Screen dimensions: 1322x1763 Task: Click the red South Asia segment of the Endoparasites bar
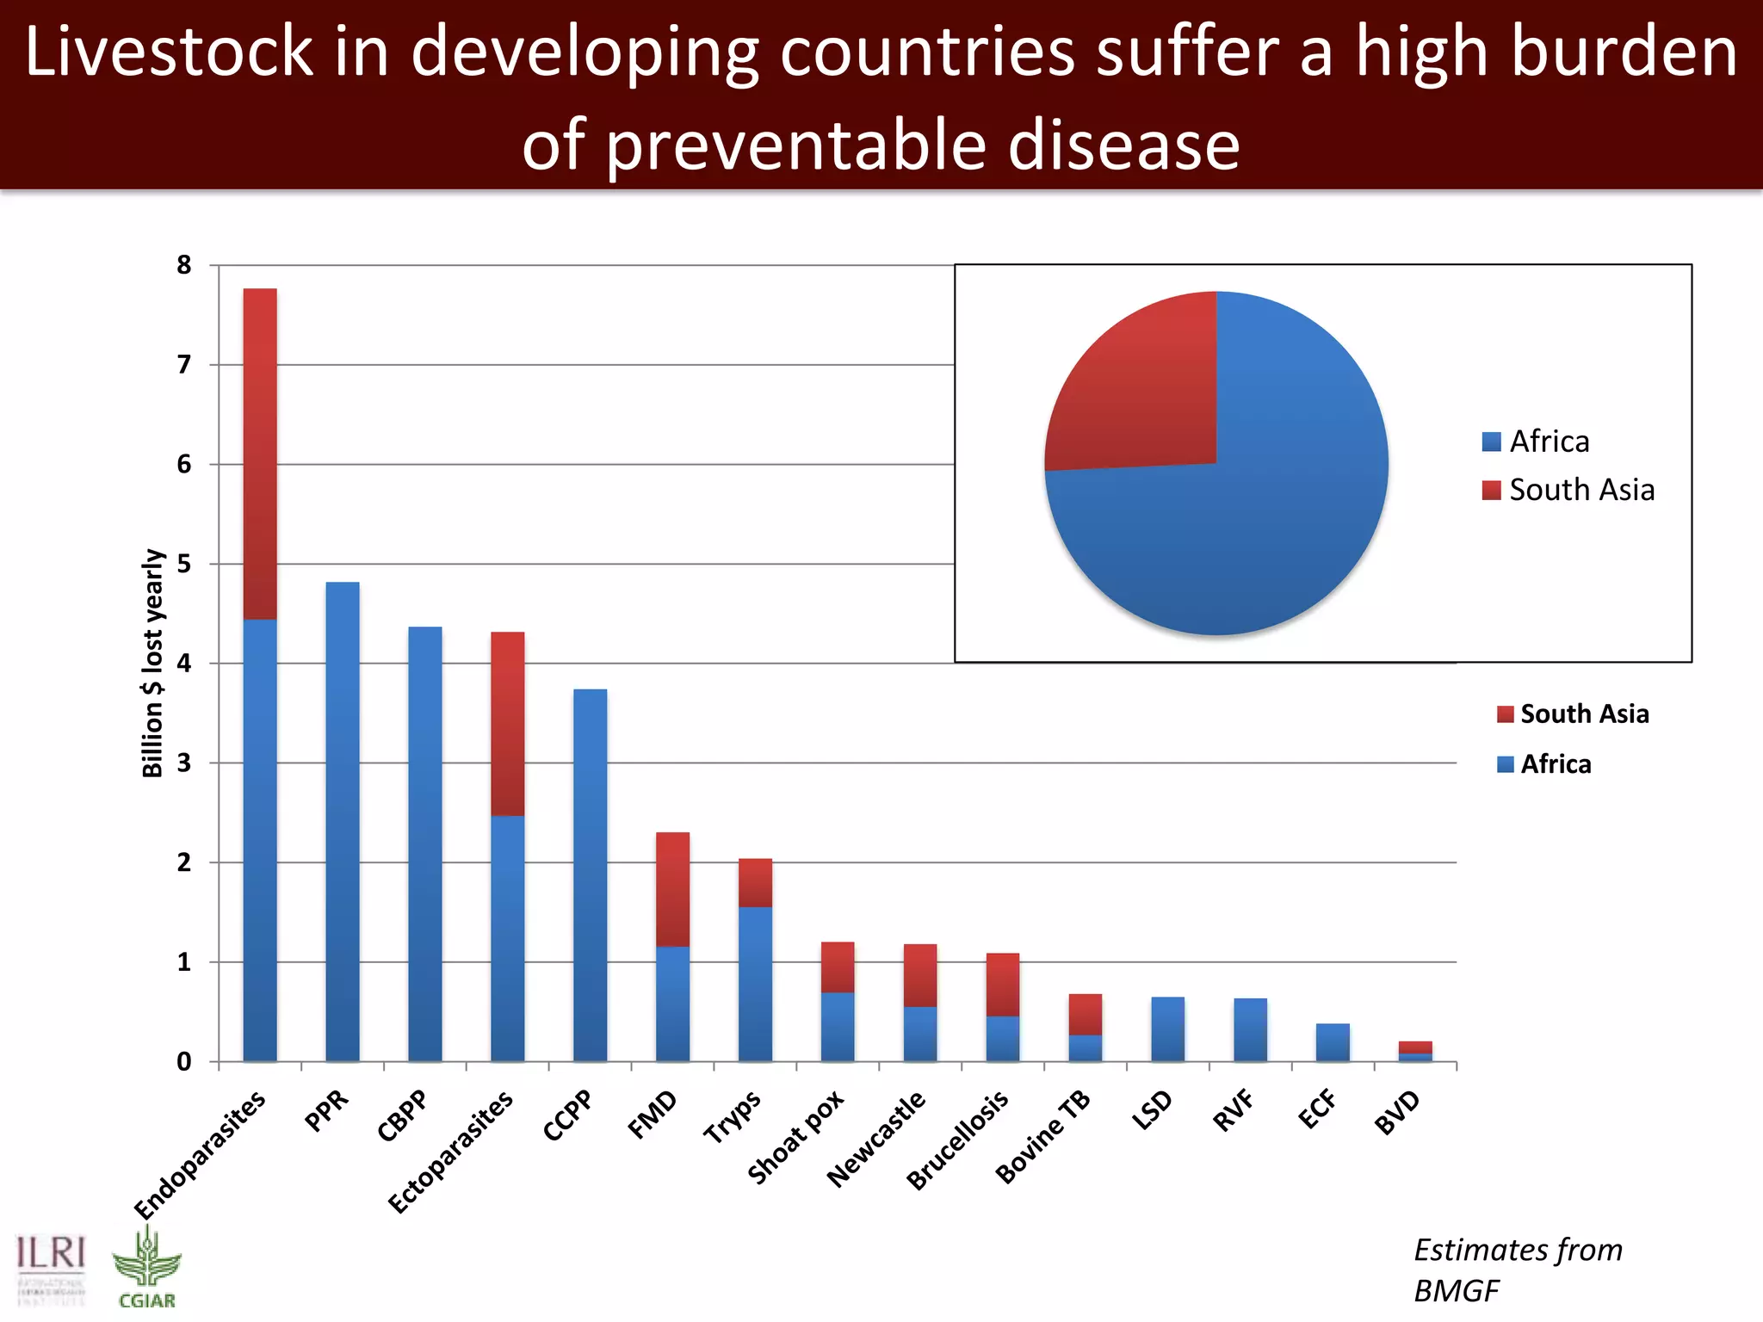click(x=260, y=454)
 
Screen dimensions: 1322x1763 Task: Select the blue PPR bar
click(x=343, y=822)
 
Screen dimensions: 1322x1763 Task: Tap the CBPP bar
click(x=425, y=843)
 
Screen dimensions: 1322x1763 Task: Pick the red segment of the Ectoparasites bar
click(x=508, y=724)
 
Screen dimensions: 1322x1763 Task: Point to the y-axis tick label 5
click(x=184, y=565)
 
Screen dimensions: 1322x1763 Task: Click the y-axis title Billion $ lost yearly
click(x=152, y=663)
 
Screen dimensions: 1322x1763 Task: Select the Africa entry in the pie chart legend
click(x=1537, y=442)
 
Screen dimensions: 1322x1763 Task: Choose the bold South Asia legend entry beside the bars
click(x=1574, y=714)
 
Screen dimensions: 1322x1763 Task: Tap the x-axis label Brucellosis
click(x=958, y=1140)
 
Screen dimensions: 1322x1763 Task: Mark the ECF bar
click(x=1333, y=1042)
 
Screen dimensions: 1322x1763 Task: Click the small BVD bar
click(x=1415, y=1051)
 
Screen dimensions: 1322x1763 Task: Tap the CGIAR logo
click(x=147, y=1269)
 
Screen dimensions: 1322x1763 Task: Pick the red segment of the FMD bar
click(x=673, y=889)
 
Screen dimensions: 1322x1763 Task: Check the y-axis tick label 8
click(x=184, y=265)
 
